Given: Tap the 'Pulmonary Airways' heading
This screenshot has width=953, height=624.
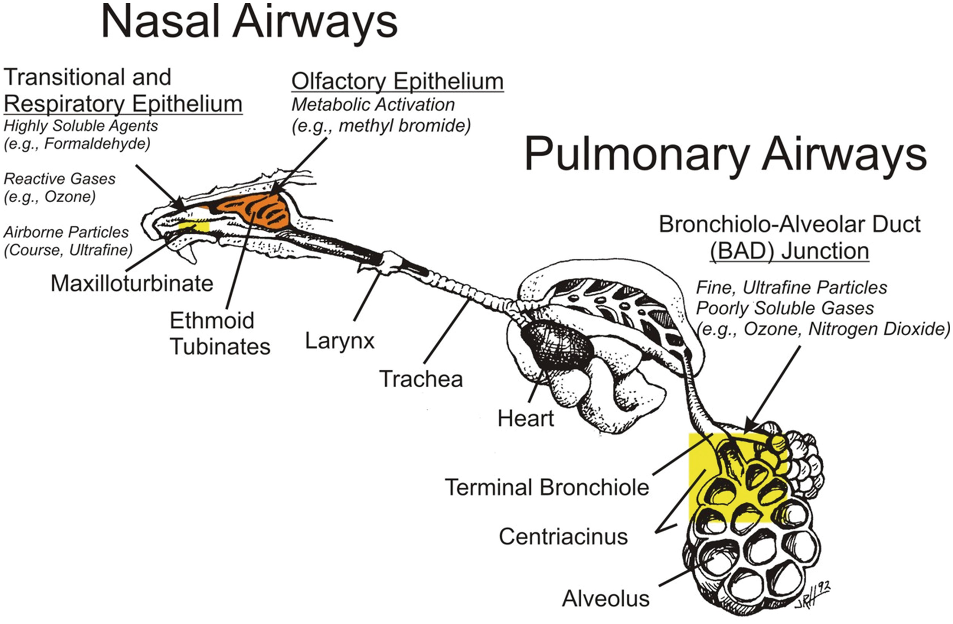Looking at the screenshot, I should point(725,153).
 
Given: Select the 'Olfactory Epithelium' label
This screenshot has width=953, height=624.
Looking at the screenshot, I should point(397,82).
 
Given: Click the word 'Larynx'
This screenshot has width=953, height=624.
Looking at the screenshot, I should point(339,341).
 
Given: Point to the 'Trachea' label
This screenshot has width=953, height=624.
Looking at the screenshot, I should point(420,379).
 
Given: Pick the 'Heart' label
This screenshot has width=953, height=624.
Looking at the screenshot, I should point(525,418).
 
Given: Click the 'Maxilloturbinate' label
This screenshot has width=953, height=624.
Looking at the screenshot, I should point(131,283).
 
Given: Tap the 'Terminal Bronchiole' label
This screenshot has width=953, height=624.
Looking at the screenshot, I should point(546,488).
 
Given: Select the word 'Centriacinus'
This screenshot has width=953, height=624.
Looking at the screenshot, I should point(563,536).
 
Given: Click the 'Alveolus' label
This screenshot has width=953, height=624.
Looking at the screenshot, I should point(605,599).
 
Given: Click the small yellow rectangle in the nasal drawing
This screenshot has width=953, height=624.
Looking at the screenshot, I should point(194,226).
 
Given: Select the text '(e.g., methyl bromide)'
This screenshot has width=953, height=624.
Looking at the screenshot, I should point(381,126).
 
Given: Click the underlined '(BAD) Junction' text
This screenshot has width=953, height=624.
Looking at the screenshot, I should point(789,251).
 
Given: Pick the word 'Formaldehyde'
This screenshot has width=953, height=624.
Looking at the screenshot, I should point(97,144).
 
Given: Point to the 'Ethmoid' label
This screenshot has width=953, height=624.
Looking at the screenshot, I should point(211,321).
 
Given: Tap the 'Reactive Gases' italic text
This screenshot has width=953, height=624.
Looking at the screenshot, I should point(59,179).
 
